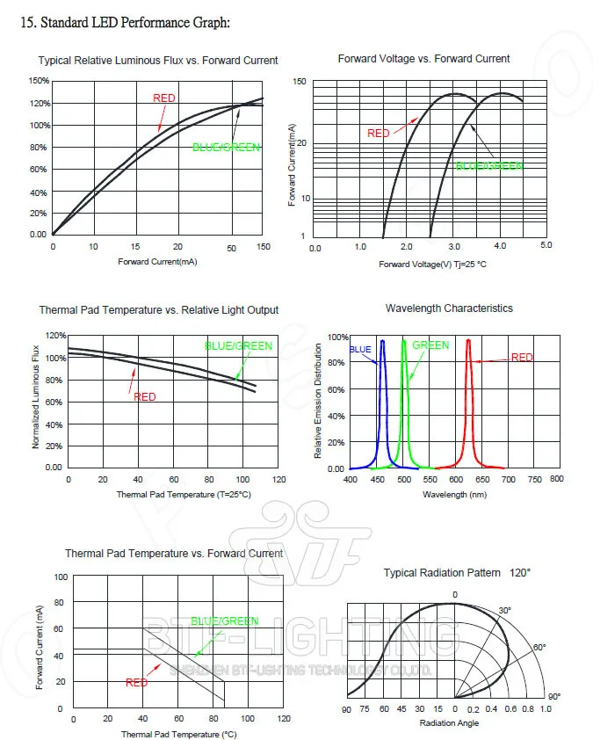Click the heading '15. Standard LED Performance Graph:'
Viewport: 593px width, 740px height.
(x=125, y=22)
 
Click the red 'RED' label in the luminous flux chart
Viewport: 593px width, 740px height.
(x=164, y=98)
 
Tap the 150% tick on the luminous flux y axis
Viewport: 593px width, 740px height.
(x=39, y=81)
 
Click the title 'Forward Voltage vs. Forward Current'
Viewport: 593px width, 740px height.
(x=423, y=59)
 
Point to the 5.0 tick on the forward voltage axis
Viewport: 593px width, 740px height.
(x=546, y=245)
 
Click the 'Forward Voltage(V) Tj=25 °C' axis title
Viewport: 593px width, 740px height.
(x=433, y=265)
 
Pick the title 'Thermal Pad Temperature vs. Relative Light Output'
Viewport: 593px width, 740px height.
(x=158, y=310)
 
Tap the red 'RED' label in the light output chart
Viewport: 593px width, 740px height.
(x=145, y=397)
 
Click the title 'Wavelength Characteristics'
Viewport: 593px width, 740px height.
(x=449, y=308)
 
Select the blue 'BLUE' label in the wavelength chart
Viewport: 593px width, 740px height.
(x=361, y=349)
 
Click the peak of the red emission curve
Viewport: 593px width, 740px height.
(x=468, y=341)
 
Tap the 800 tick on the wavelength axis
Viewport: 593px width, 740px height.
(x=556, y=479)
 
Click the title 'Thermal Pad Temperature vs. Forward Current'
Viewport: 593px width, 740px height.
(x=174, y=554)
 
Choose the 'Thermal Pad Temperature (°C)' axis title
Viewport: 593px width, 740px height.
(x=178, y=734)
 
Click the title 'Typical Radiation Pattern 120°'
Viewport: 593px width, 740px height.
(x=457, y=573)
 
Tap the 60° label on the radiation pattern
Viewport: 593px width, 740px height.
(x=539, y=648)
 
